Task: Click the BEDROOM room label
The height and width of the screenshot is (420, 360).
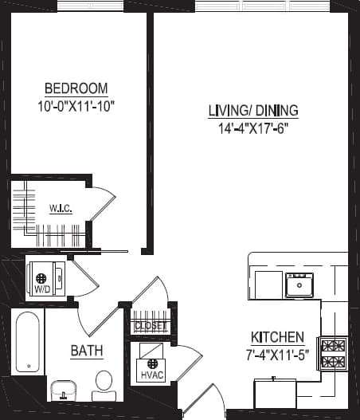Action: point(76,88)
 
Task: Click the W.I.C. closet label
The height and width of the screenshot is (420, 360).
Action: point(61,209)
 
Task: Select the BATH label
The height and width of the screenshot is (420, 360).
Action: point(86,350)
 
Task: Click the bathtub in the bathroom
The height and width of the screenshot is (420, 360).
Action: point(28,343)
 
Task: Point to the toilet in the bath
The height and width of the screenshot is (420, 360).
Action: point(104,385)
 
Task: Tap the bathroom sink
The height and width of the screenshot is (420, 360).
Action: point(62,391)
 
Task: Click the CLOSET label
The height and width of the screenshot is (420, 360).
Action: point(151,325)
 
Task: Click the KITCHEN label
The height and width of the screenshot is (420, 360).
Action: point(277,336)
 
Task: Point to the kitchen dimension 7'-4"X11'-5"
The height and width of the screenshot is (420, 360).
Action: point(277,352)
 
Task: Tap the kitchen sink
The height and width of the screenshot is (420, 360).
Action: point(299,285)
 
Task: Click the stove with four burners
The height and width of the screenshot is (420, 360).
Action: point(333,353)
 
